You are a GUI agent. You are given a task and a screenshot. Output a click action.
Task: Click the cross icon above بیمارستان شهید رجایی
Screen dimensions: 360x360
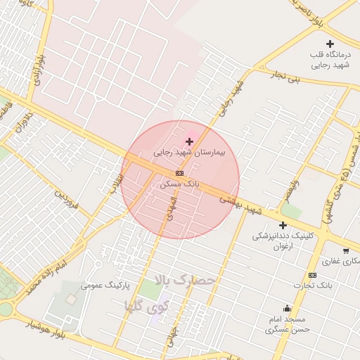coord(189,141)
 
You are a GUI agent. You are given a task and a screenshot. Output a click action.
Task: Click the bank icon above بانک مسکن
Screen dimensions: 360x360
coord(180,173)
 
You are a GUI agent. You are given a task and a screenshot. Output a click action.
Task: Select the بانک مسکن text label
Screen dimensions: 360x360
coord(180,183)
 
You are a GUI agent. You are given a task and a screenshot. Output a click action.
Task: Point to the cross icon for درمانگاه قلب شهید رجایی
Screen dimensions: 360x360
coord(330,44)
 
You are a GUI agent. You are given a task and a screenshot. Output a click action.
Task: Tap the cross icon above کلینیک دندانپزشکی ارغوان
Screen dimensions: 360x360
coord(283,226)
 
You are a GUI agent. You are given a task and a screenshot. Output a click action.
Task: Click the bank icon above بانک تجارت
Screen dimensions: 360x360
coord(312,275)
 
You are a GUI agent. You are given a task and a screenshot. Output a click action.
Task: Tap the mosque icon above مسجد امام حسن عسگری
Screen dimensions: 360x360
coord(287,308)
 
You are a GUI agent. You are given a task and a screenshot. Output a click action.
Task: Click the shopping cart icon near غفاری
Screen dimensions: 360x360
coord(345,250)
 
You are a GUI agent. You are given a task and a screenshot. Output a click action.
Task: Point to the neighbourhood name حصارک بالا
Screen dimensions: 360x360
coord(184,279)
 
